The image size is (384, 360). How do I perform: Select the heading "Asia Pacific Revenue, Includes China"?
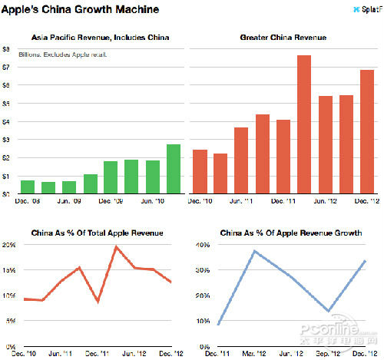pyautogui.click(x=100, y=38)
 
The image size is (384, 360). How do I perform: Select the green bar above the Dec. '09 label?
pyautogui.click(x=111, y=177)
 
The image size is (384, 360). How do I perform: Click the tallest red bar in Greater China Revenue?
pyautogui.click(x=303, y=124)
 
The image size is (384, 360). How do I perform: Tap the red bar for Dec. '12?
pyautogui.click(x=366, y=131)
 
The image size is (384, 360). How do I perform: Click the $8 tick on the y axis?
pyautogui.click(x=6, y=49)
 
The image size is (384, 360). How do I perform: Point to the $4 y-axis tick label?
pyautogui.click(x=6, y=121)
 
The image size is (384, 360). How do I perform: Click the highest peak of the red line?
pyautogui.click(x=116, y=247)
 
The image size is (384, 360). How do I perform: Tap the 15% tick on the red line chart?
pyautogui.click(x=8, y=270)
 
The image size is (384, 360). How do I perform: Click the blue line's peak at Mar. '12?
pyautogui.click(x=253, y=251)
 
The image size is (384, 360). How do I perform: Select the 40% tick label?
pyautogui.click(x=200, y=245)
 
